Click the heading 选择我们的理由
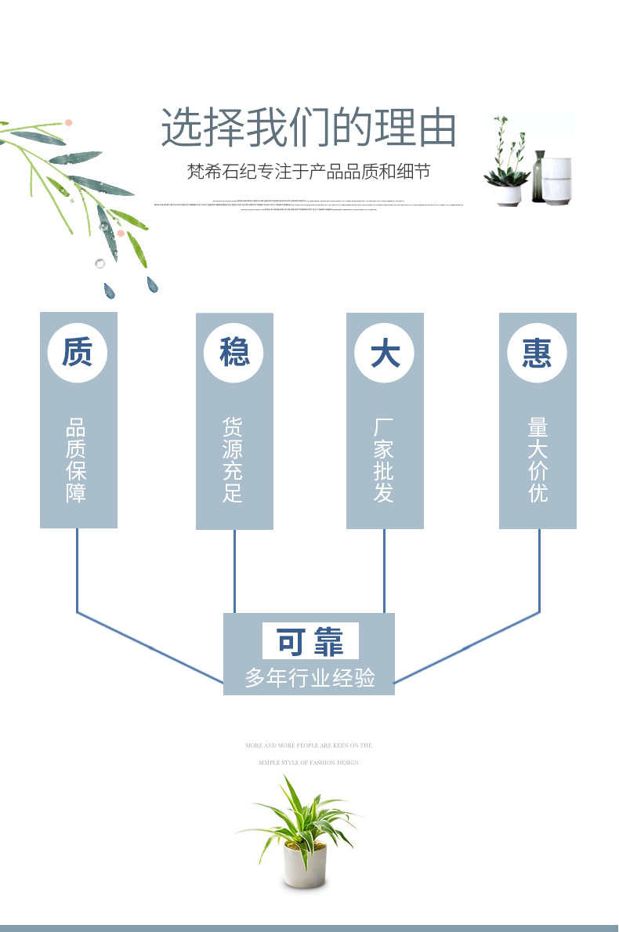pyautogui.click(x=309, y=129)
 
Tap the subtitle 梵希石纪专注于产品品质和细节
pyautogui.click(x=309, y=172)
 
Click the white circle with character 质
pyautogui.click(x=77, y=352)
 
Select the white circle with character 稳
pyautogui.click(x=233, y=352)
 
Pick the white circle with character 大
pyautogui.click(x=385, y=352)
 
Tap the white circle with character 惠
pyautogui.click(x=538, y=352)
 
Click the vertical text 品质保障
pyautogui.click(x=77, y=460)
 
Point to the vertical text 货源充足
pyautogui.click(x=233, y=460)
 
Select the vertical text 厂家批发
pyautogui.click(x=384, y=460)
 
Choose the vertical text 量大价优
pyautogui.click(x=538, y=460)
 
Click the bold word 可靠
pyautogui.click(x=310, y=642)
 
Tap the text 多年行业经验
pyautogui.click(x=309, y=677)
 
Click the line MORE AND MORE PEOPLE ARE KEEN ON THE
pyautogui.click(x=309, y=745)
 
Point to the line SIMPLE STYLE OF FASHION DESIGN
pyautogui.click(x=309, y=762)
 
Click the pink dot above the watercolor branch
pyautogui.click(x=69, y=123)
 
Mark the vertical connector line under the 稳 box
pyautogui.click(x=234, y=570)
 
